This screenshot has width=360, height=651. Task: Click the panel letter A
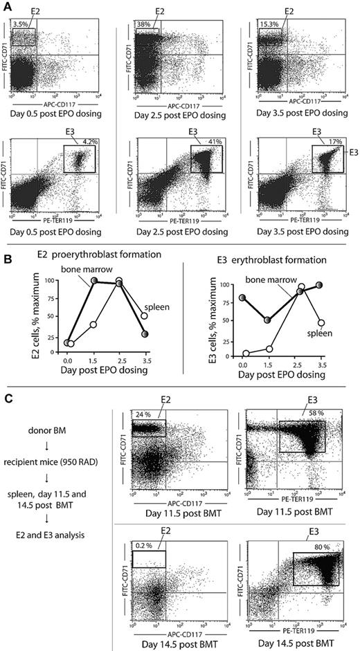[6, 6]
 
